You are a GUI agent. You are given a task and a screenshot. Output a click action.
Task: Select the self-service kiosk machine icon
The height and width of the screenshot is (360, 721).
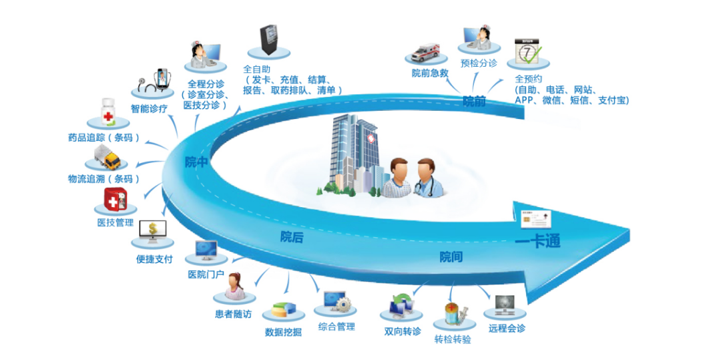268,41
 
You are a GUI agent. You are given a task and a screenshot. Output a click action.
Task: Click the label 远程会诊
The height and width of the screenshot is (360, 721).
507,328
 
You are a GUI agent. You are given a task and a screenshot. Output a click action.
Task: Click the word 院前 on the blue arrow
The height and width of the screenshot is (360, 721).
474,101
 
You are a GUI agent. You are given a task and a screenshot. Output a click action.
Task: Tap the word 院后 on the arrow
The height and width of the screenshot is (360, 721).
292,236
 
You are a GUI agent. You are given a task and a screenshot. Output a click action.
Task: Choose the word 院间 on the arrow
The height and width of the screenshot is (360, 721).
451,256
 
